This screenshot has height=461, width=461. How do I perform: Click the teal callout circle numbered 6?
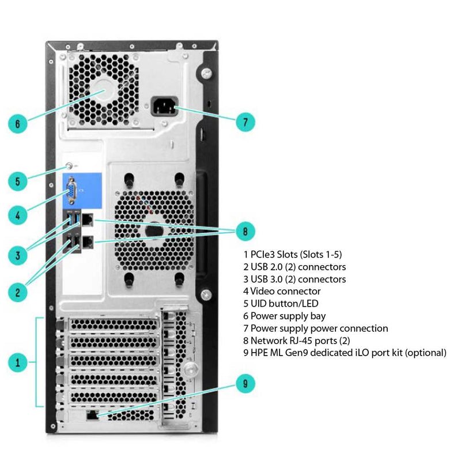pos(18,123)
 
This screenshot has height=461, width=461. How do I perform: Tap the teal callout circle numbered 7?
pos(245,122)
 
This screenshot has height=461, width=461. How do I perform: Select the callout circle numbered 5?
pos(18,181)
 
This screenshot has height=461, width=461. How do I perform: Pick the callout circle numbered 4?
pos(18,216)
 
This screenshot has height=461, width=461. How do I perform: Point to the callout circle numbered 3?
pos(18,254)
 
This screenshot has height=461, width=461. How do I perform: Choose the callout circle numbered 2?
pos(18,292)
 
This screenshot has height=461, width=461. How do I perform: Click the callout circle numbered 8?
pos(245,232)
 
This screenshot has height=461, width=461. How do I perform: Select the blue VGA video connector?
pos(71,191)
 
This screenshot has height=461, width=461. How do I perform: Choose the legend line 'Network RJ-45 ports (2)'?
pos(297,341)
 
